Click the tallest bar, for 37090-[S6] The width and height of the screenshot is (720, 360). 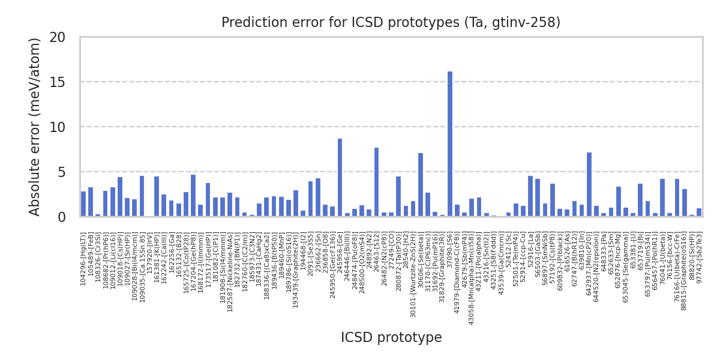click(450, 144)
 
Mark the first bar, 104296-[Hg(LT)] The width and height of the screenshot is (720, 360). click(83, 204)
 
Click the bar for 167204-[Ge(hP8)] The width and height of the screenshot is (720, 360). click(193, 196)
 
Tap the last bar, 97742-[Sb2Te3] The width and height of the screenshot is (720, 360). click(699, 212)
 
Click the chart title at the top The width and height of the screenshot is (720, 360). click(391, 23)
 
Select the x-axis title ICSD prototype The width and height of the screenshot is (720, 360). click(391, 338)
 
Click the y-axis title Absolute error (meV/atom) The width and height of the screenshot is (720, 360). click(35, 127)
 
